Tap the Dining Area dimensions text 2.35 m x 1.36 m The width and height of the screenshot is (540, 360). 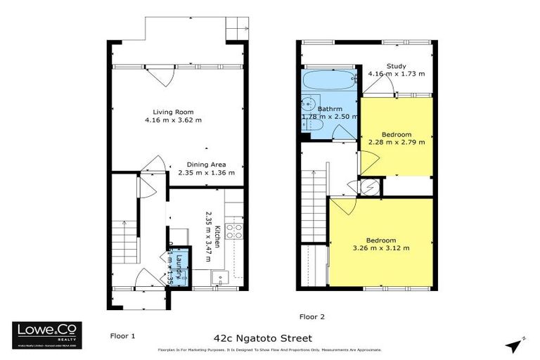tap(205, 172)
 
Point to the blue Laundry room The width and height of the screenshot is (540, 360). tap(179, 266)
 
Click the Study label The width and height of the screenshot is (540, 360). tap(396, 66)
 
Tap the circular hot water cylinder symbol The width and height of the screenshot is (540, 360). tap(369, 186)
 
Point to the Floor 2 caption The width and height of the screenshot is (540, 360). tap(312, 316)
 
